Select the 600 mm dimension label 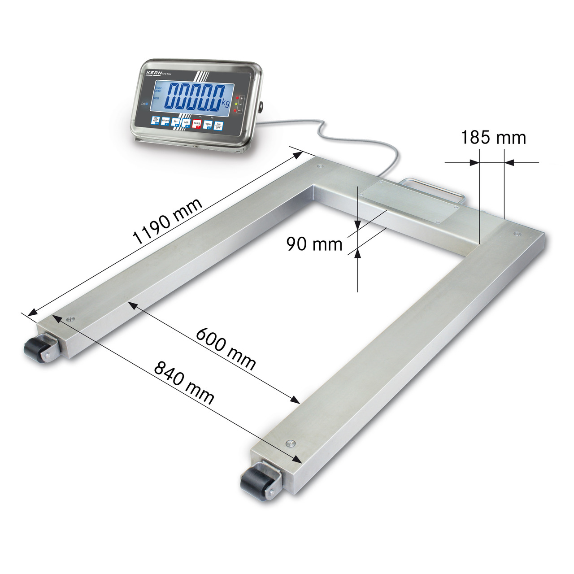pos(226,349)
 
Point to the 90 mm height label pos(314,244)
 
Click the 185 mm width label pos(493,138)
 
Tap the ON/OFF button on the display pos(218,126)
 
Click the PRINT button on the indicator pos(165,122)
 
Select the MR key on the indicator pos(187,123)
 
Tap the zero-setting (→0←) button pos(208,125)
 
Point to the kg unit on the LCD pos(225,104)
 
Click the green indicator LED pos(235,104)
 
